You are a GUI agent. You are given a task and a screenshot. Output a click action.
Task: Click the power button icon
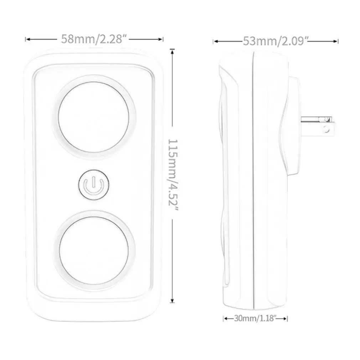pos(93,185)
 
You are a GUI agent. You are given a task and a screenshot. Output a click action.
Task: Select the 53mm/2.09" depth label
pos(276,41)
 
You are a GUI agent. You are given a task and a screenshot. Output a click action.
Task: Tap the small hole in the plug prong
pos(325,130)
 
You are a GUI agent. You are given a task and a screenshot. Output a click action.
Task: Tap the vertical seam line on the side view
pos(253,178)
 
